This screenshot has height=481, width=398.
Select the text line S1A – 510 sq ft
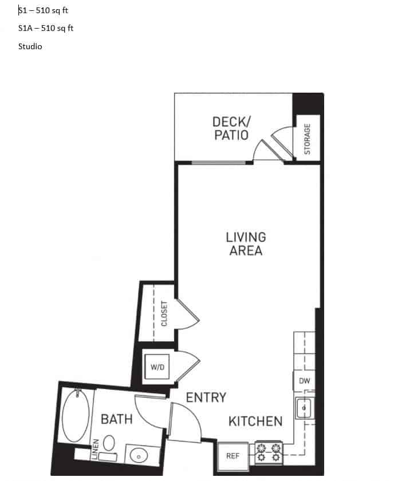coord(46,28)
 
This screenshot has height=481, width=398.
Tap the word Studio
coord(30,46)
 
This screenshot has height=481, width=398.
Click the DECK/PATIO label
coord(231,128)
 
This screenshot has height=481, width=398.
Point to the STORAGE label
coord(307,139)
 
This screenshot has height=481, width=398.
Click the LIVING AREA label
coord(246,244)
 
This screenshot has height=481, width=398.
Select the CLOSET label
coord(164,313)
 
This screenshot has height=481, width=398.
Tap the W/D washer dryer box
coord(157,367)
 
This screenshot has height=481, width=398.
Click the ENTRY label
coord(206,397)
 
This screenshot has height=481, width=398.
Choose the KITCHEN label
coord(255,422)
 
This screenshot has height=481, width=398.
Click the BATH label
coord(116,419)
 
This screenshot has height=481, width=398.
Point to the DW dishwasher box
coord(304,380)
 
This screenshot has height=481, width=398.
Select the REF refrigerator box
coord(233,456)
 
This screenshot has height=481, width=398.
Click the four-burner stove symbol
coord(269,452)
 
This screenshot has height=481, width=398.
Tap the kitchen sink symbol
coord(304,408)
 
